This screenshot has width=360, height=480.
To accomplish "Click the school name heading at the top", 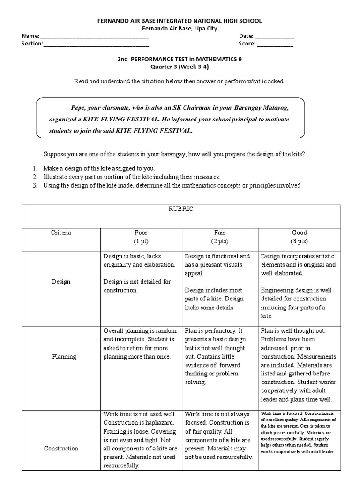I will (179, 21).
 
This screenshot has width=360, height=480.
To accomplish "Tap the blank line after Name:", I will (94, 37).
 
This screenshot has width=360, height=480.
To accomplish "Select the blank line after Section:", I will (96, 45).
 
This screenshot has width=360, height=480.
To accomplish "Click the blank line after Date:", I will (275, 37).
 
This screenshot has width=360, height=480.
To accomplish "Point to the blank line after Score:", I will (275, 45).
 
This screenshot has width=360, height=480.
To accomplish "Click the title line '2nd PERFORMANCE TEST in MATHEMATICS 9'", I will (180, 59).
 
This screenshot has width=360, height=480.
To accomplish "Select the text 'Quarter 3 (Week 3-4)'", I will (180, 67).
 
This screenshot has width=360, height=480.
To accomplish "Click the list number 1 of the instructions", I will (35, 168).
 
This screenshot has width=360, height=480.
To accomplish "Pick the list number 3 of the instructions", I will (35, 185).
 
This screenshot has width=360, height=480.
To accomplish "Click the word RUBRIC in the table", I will (180, 210).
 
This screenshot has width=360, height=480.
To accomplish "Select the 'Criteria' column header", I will (61, 233).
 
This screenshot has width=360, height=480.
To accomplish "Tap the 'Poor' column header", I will (141, 233).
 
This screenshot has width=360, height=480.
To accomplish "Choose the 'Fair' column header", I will (220, 233).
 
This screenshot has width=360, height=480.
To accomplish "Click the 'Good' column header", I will (299, 233).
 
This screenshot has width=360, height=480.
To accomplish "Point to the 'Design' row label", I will (61, 282).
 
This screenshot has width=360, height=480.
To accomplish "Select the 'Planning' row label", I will (64, 357).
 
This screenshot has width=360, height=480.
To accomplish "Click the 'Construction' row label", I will (61, 449).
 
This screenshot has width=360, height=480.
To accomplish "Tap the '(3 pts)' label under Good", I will (299, 241).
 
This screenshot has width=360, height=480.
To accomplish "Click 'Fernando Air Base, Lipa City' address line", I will (180, 28).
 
